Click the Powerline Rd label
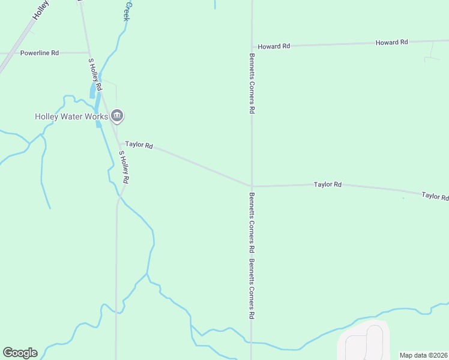click(40, 53)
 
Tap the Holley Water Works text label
click(71, 116)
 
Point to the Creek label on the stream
click(127, 11)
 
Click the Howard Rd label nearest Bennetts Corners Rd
click(274, 46)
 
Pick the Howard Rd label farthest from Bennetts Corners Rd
click(391, 42)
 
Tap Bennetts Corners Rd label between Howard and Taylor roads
click(252, 83)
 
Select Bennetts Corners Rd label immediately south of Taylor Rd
click(252, 222)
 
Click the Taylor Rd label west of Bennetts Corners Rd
click(139, 145)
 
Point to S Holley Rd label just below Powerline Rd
click(95, 74)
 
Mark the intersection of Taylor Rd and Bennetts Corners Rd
click(252, 186)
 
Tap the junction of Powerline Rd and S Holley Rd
click(88, 53)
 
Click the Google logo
click(20, 353)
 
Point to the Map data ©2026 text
click(423, 355)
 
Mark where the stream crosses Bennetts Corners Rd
click(252, 343)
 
